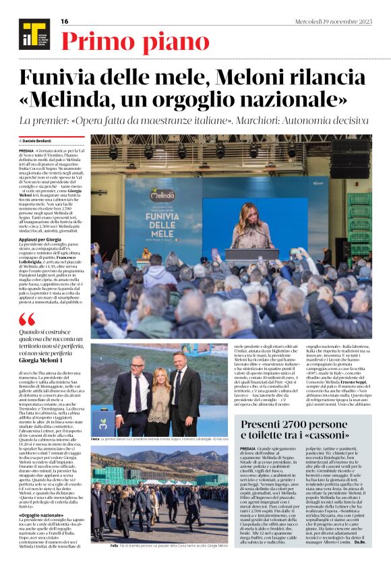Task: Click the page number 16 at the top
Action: click(65, 22)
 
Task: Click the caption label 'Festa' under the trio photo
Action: click(96, 438)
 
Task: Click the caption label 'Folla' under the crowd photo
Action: click(96, 545)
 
